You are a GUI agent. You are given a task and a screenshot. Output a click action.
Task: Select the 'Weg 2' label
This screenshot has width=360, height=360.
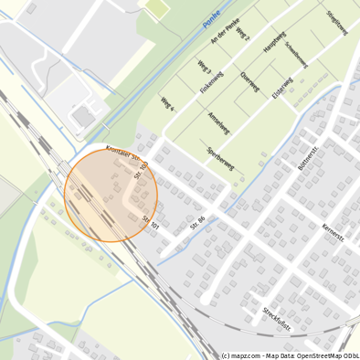click(241, 34)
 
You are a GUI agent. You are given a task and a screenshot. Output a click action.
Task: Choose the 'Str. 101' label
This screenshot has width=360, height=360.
click(151, 221)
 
